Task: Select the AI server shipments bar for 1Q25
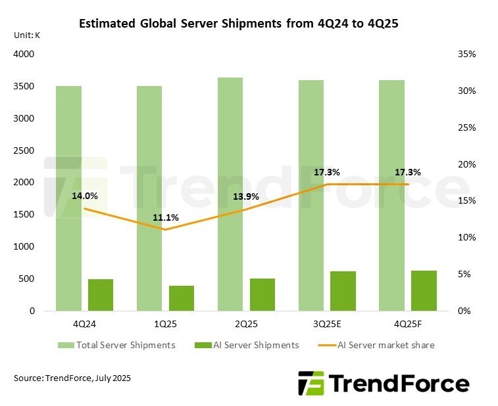pos(182,298)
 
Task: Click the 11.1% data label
pos(165,218)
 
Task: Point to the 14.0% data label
pos(85,195)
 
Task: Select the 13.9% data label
pos(245,196)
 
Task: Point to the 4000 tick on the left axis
pos(23,55)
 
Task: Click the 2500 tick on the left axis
pos(23,151)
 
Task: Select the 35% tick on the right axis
pos(466,55)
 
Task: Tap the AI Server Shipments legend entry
pos(251,345)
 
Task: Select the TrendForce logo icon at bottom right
pos(311,383)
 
